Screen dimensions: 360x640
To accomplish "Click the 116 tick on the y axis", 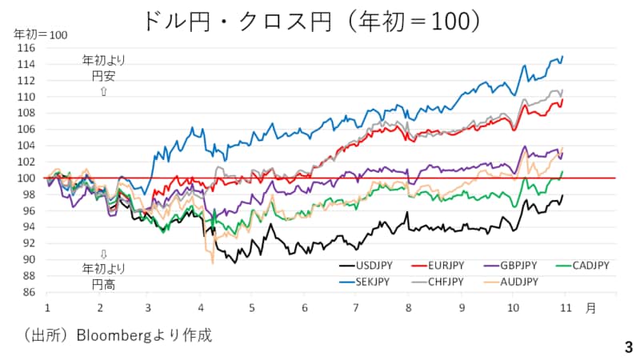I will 28,48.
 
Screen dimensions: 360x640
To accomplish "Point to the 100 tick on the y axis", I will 28,178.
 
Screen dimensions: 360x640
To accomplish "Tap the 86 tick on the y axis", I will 30,292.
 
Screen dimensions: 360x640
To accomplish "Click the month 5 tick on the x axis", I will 251,307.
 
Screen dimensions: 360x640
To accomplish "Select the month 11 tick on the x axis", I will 564,307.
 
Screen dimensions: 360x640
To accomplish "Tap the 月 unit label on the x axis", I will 590,307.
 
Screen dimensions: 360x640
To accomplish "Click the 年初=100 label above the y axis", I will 40,34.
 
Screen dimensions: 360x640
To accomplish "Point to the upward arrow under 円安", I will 103,93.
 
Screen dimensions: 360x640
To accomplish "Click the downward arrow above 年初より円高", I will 103,255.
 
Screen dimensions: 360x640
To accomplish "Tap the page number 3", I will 628,347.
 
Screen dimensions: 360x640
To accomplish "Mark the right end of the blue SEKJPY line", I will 563,56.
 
